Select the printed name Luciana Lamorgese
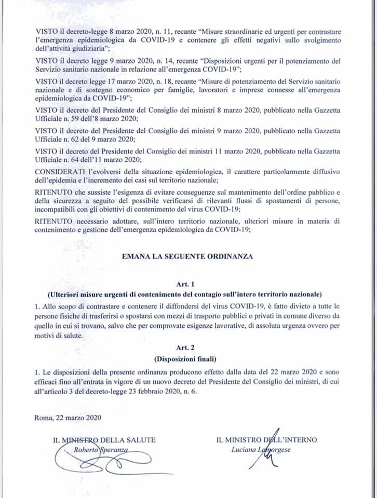(x=261, y=450)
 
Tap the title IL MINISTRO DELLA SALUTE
(x=104, y=440)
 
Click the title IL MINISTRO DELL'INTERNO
(x=266, y=440)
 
